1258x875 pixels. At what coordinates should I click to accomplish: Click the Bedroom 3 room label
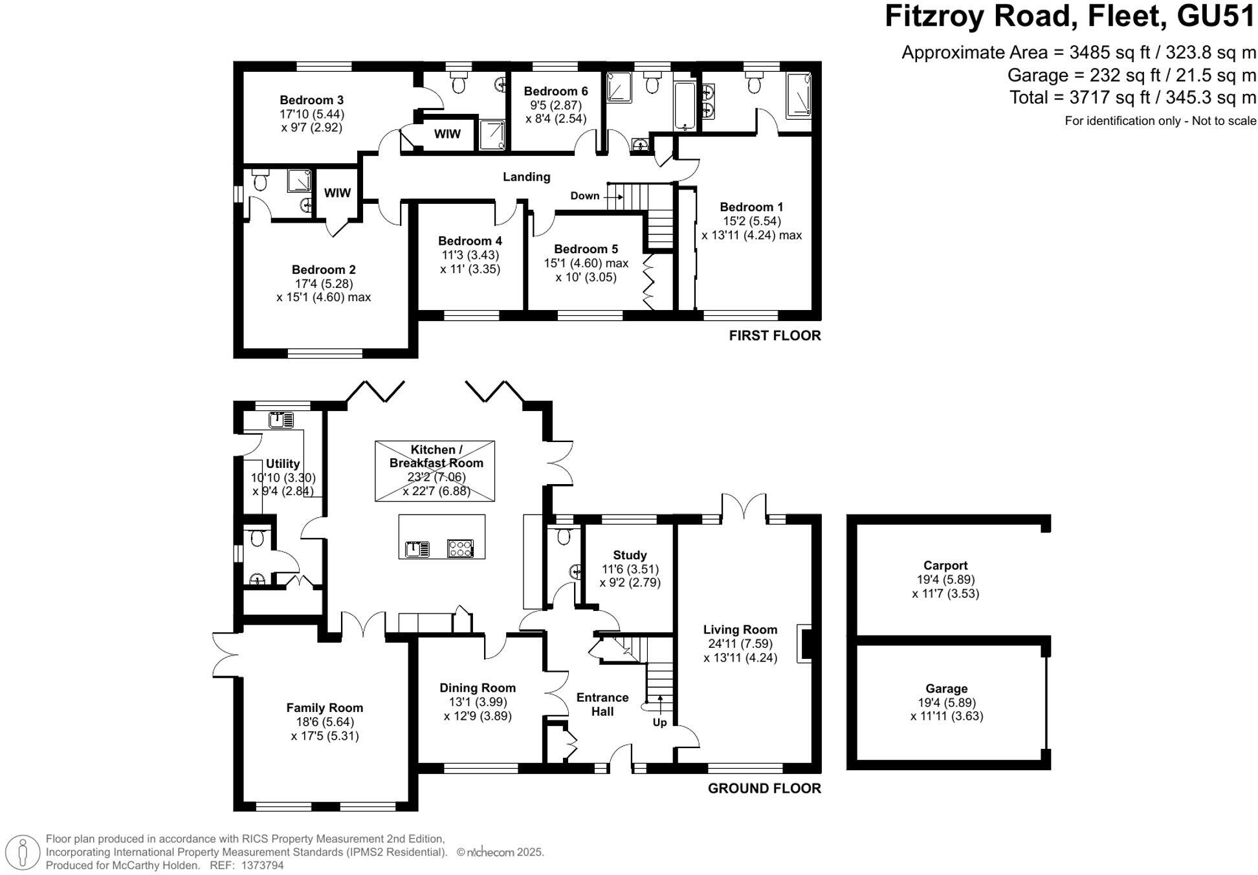[x=311, y=100]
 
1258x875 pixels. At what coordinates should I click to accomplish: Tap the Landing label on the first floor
[x=526, y=177]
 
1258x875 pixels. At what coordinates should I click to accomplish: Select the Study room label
[x=629, y=555]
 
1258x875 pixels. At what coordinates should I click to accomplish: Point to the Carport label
[x=945, y=566]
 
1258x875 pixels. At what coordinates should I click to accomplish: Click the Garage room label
[x=946, y=689]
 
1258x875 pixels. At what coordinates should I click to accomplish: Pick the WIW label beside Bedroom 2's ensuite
[x=337, y=193]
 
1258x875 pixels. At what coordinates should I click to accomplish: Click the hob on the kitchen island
[x=460, y=549]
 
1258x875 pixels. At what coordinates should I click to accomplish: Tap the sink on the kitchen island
[x=416, y=549]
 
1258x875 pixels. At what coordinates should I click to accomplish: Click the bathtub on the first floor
[x=685, y=105]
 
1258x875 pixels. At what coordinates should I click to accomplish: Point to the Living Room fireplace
[x=804, y=643]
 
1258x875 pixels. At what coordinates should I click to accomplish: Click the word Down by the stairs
[x=584, y=196]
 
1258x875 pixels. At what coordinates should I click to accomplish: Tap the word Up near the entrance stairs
[x=659, y=722]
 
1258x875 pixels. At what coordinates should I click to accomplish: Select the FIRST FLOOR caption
[x=775, y=335]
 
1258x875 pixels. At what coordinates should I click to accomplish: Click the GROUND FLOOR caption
[x=764, y=788]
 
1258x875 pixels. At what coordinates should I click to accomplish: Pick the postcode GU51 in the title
[x=1216, y=16]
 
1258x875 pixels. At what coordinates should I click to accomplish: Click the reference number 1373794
[x=262, y=865]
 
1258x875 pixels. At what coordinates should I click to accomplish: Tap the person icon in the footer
[x=24, y=852]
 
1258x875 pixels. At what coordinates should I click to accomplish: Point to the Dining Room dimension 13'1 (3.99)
[x=478, y=702]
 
